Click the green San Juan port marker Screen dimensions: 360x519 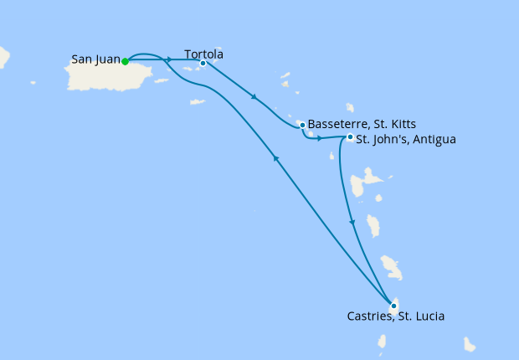(x=125, y=61)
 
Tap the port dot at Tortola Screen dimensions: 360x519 (x=203, y=63)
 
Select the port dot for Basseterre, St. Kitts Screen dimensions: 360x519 (x=302, y=126)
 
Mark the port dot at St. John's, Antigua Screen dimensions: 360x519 (x=350, y=137)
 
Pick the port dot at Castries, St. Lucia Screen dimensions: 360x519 (x=393, y=306)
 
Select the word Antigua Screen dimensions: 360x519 (x=434, y=139)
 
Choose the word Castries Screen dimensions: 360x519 (x=369, y=316)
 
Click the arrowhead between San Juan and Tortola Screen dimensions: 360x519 (x=169, y=60)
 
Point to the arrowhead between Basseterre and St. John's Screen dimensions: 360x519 (x=320, y=137)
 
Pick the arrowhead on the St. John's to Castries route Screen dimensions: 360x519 (x=352, y=223)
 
